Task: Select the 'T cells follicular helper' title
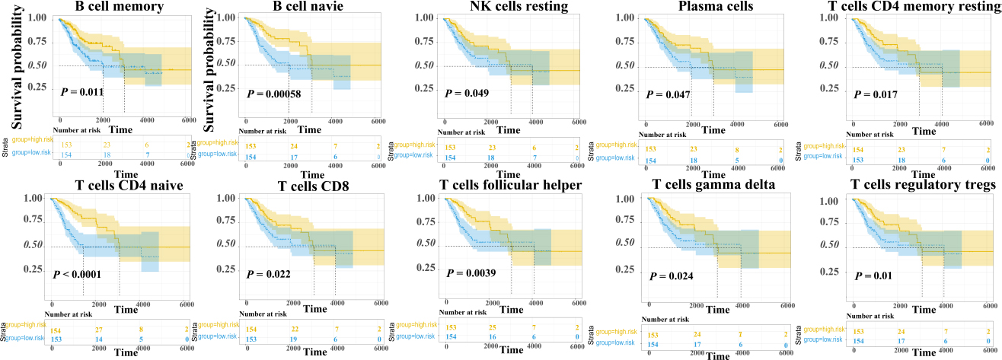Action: (505, 189)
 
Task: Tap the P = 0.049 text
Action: (467, 93)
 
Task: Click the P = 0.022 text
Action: (266, 274)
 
